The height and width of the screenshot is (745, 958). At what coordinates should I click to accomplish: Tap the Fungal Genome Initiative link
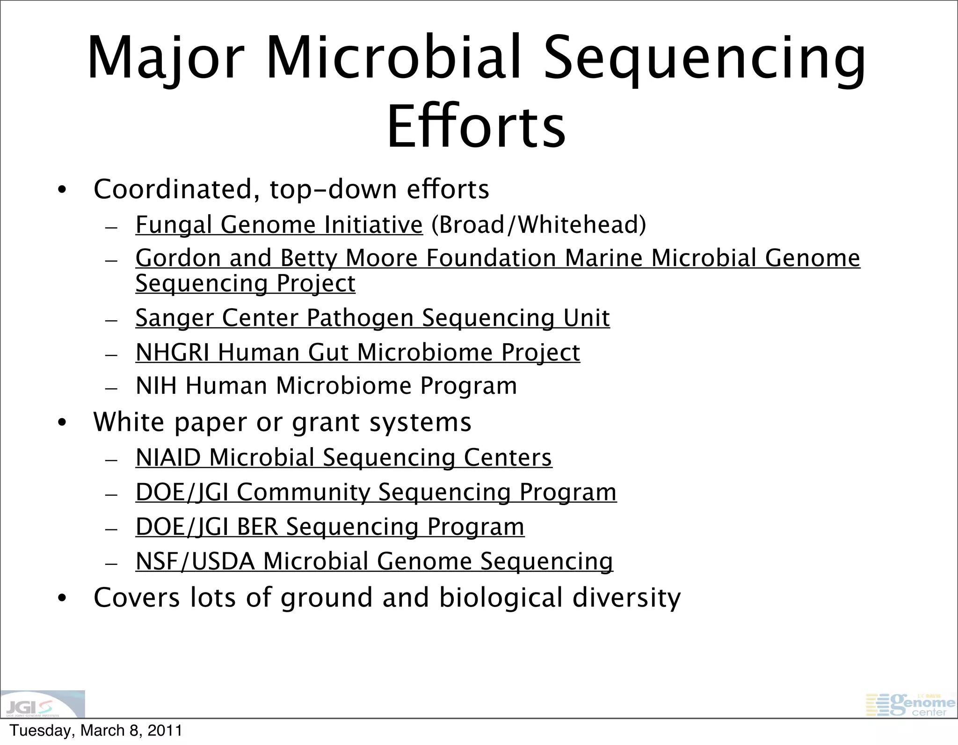279,224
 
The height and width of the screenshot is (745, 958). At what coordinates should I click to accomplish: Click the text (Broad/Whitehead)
538,224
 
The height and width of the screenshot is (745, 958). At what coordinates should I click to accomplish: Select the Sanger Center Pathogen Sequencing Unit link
372,318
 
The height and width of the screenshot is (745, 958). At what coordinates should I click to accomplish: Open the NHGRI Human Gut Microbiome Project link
358,352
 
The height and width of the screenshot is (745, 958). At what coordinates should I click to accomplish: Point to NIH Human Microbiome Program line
326,386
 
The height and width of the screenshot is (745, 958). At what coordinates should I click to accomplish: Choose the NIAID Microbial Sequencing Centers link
344,457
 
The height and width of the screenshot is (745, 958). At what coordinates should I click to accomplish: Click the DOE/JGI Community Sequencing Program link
376,492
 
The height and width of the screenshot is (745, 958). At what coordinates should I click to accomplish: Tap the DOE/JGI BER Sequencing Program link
330,527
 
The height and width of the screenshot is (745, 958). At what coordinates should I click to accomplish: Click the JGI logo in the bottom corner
42,704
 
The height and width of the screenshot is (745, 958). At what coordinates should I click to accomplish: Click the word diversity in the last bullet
626,598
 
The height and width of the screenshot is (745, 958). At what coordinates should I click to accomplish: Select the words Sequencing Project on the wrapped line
245,283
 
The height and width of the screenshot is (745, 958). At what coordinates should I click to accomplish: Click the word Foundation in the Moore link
491,258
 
